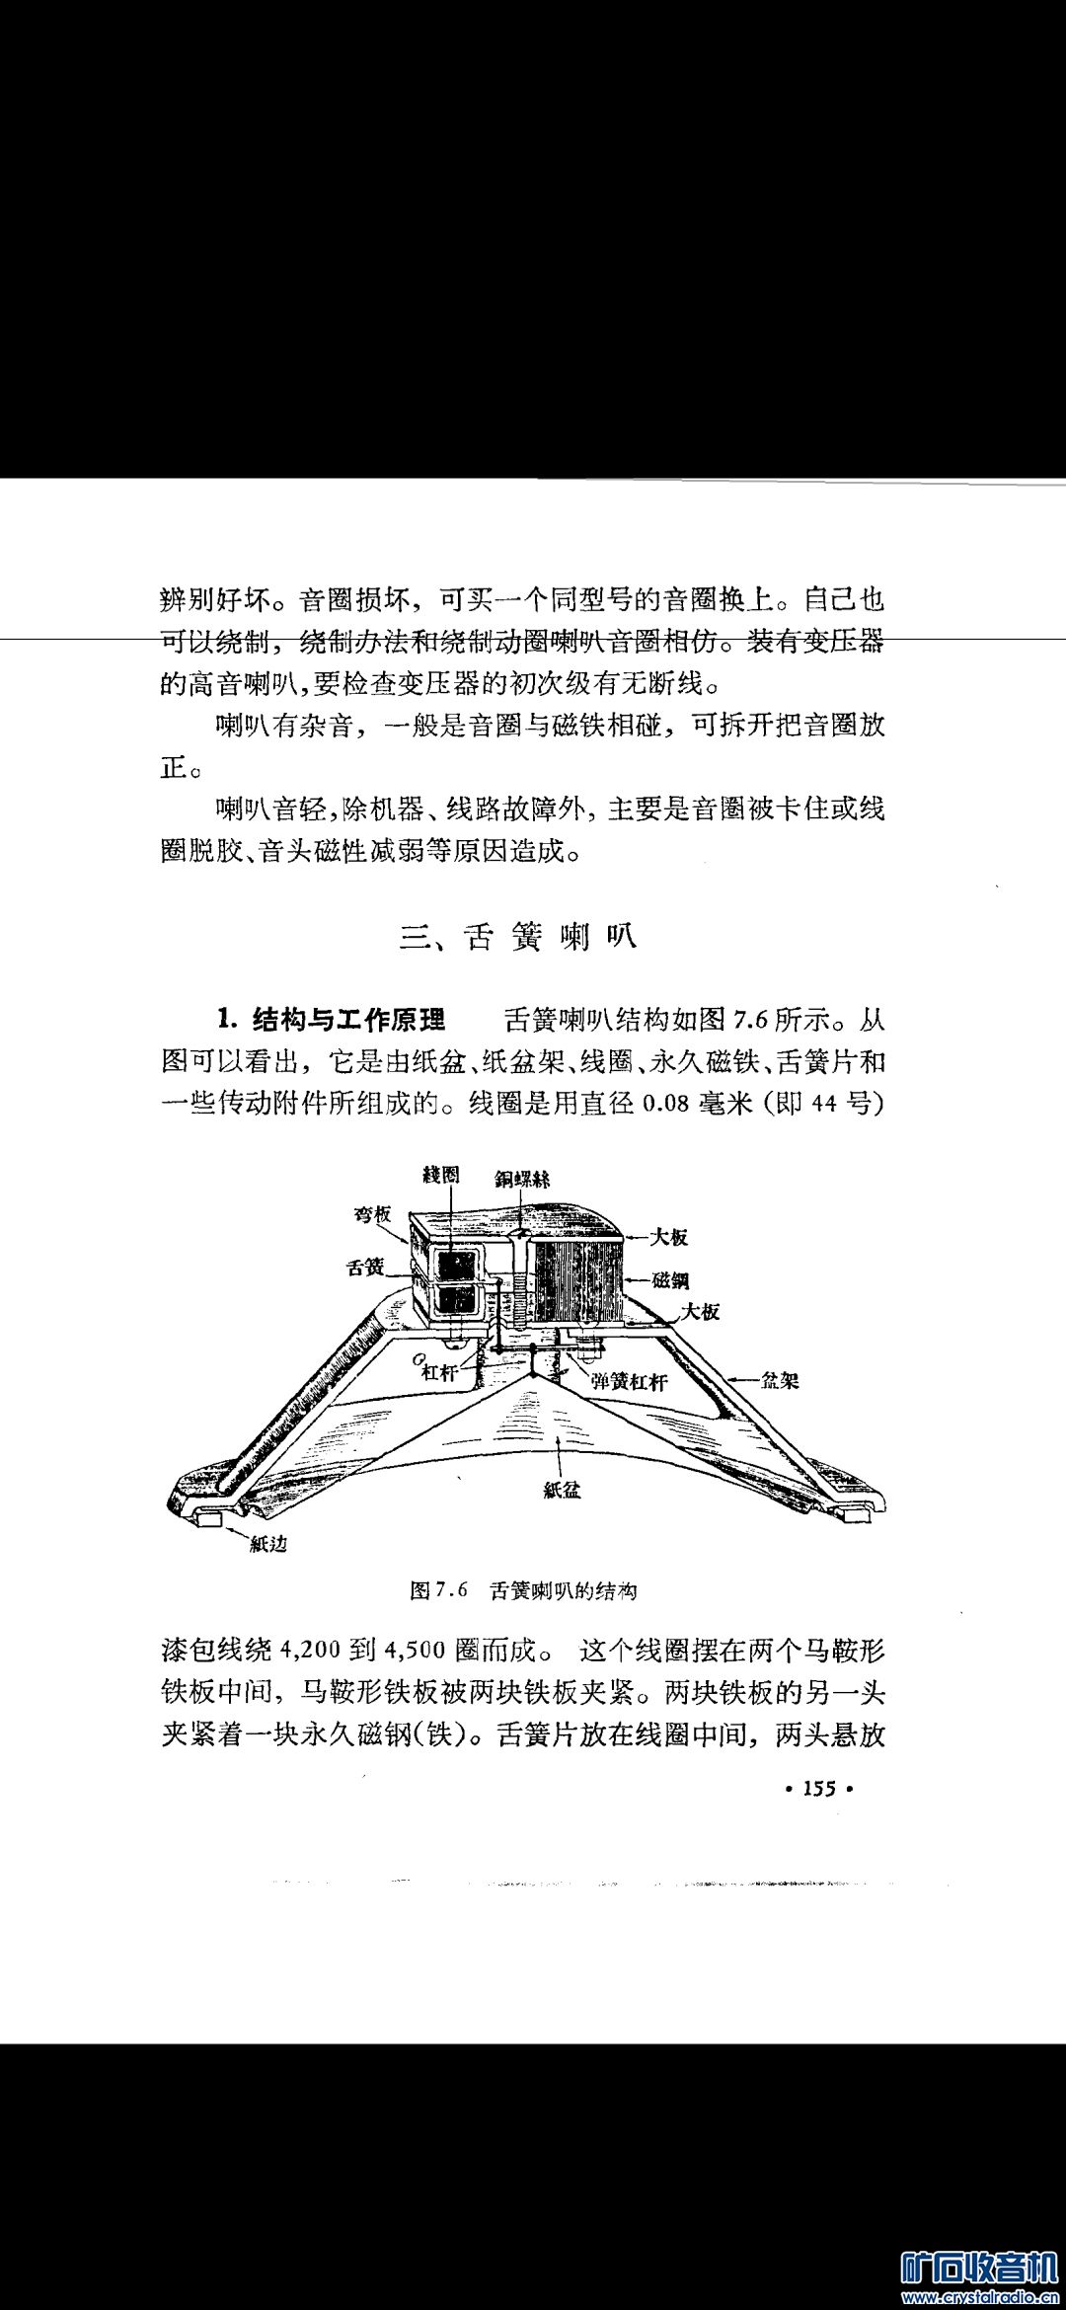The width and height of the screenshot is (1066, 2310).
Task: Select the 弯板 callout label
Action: [373, 1215]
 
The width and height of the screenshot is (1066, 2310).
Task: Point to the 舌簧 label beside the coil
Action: [365, 1267]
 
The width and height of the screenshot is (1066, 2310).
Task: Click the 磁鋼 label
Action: [670, 1280]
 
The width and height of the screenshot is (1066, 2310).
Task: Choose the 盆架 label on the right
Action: [780, 1380]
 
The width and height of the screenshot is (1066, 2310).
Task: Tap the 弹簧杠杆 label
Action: [629, 1382]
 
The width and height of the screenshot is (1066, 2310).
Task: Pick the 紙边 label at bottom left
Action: [267, 1544]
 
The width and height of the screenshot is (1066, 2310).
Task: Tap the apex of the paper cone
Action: [534, 1373]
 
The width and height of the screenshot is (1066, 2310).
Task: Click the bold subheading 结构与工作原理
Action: [348, 1019]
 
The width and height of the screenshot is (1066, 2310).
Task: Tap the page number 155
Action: [819, 1788]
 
